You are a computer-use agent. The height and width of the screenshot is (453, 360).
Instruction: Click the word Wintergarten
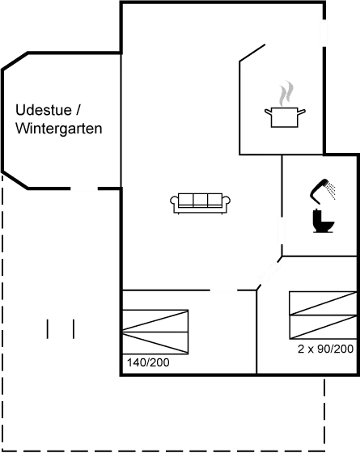(x=59, y=129)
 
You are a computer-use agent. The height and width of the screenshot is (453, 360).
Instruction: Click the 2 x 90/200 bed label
(x=324, y=349)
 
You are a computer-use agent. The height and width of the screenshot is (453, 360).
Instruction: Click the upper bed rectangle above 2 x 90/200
(x=322, y=303)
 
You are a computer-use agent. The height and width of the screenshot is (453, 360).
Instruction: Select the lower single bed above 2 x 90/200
(x=322, y=327)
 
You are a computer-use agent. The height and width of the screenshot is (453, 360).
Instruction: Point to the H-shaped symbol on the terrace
(x=61, y=330)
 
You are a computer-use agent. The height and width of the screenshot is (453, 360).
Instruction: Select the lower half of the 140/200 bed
(x=155, y=342)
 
